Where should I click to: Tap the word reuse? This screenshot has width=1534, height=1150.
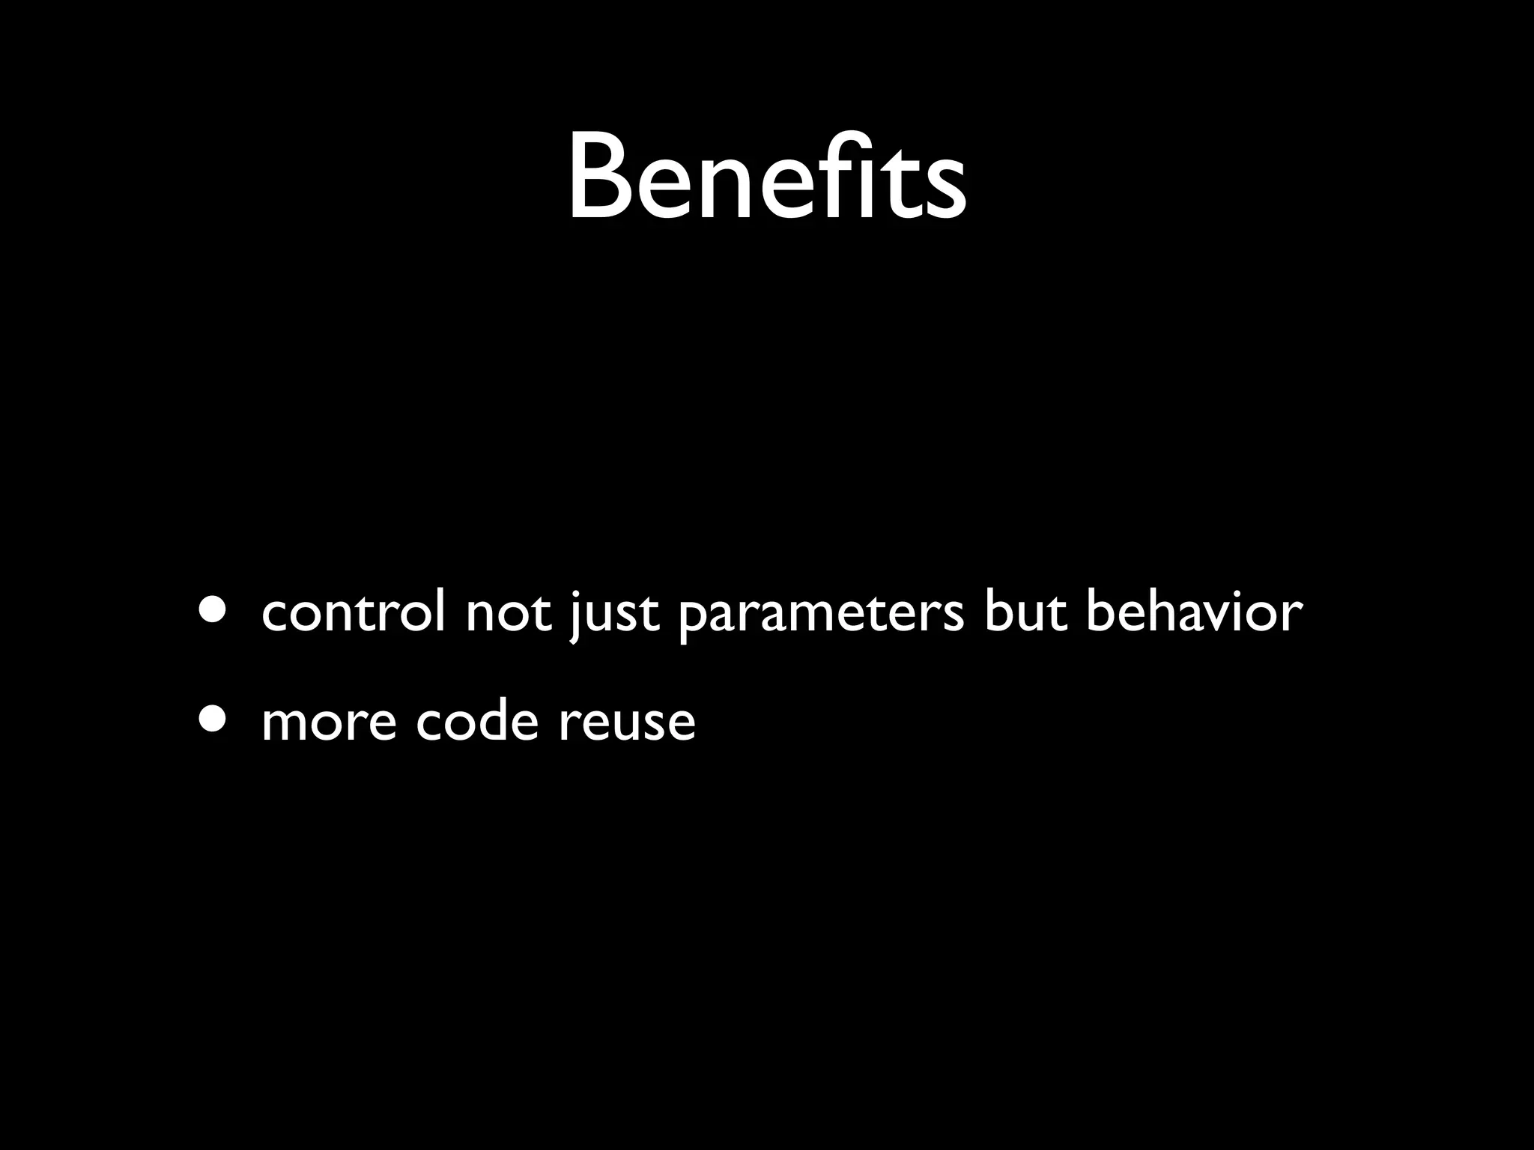[627, 723]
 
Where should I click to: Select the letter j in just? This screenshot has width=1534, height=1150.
[575, 617]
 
